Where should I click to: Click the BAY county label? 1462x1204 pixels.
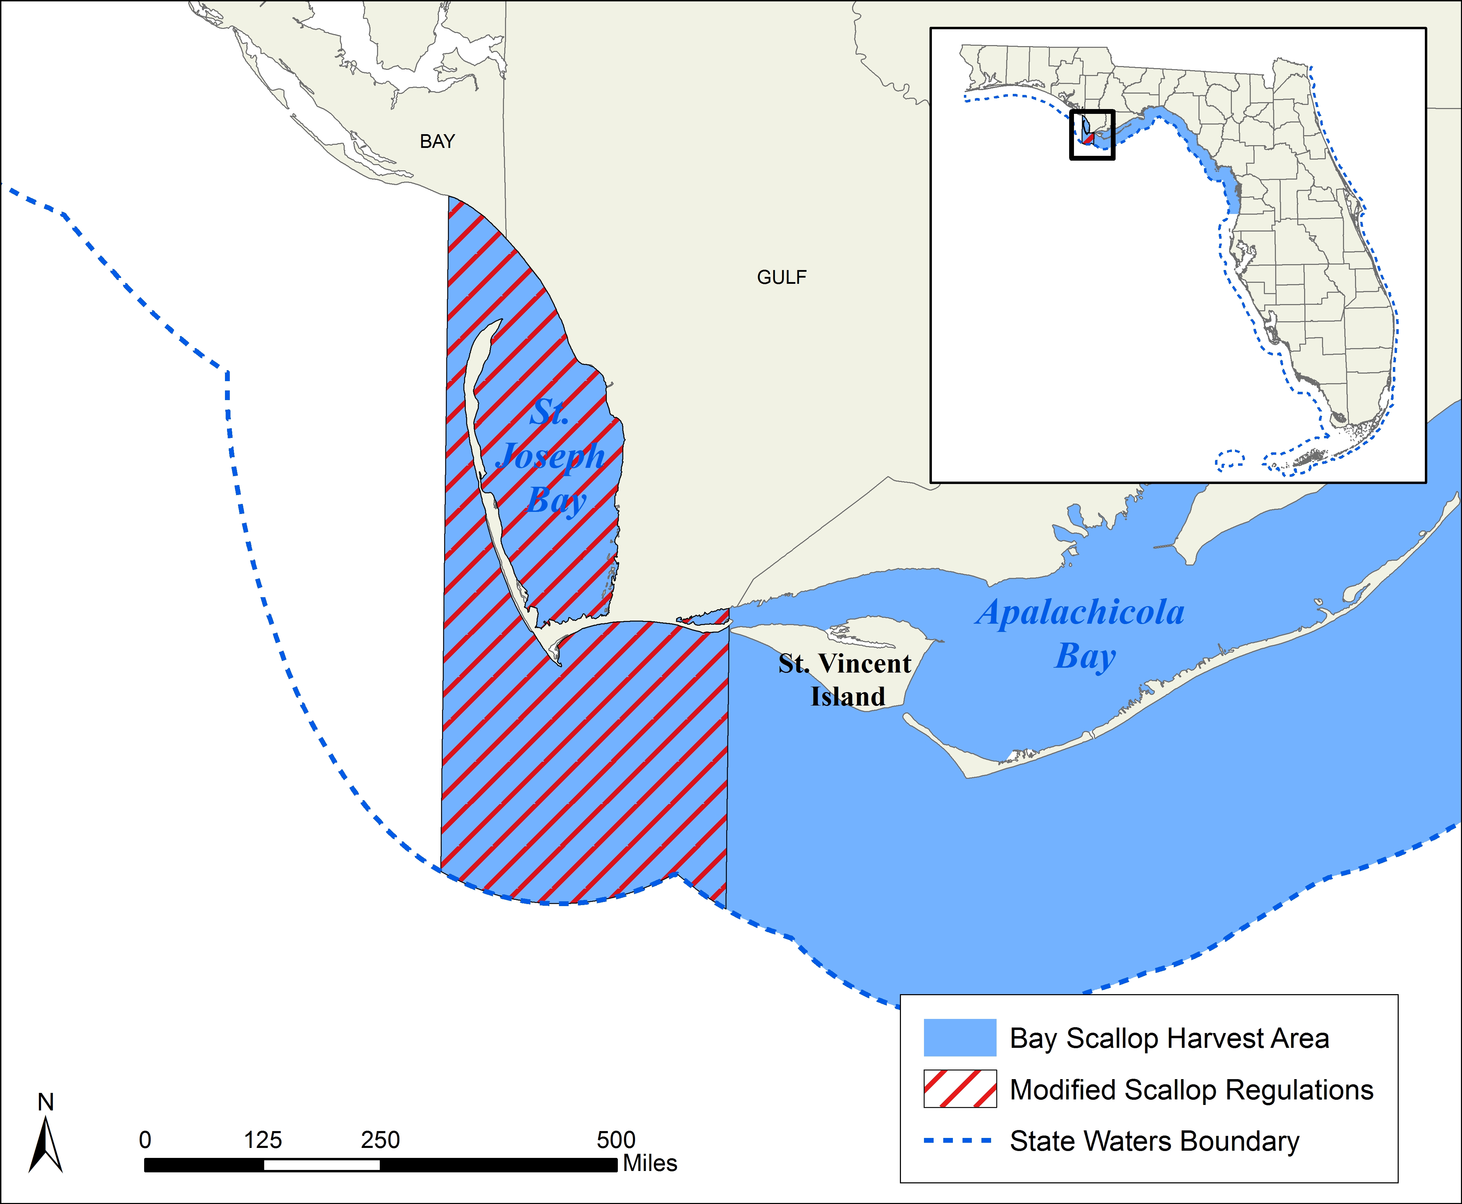pos(437,141)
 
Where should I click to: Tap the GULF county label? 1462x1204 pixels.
pos(782,277)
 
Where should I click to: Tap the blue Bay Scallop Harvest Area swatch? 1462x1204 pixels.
pos(960,1038)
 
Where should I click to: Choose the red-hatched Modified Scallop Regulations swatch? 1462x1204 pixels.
pos(960,1089)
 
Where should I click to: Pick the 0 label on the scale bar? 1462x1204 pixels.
pos(145,1139)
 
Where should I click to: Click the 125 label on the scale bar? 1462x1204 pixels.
pos(263,1139)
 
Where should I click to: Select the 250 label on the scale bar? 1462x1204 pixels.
pos(380,1139)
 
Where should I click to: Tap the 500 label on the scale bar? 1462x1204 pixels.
pos(616,1139)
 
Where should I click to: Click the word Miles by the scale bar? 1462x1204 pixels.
pos(650,1163)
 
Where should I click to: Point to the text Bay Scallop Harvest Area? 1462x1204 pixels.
pos(1169,1038)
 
